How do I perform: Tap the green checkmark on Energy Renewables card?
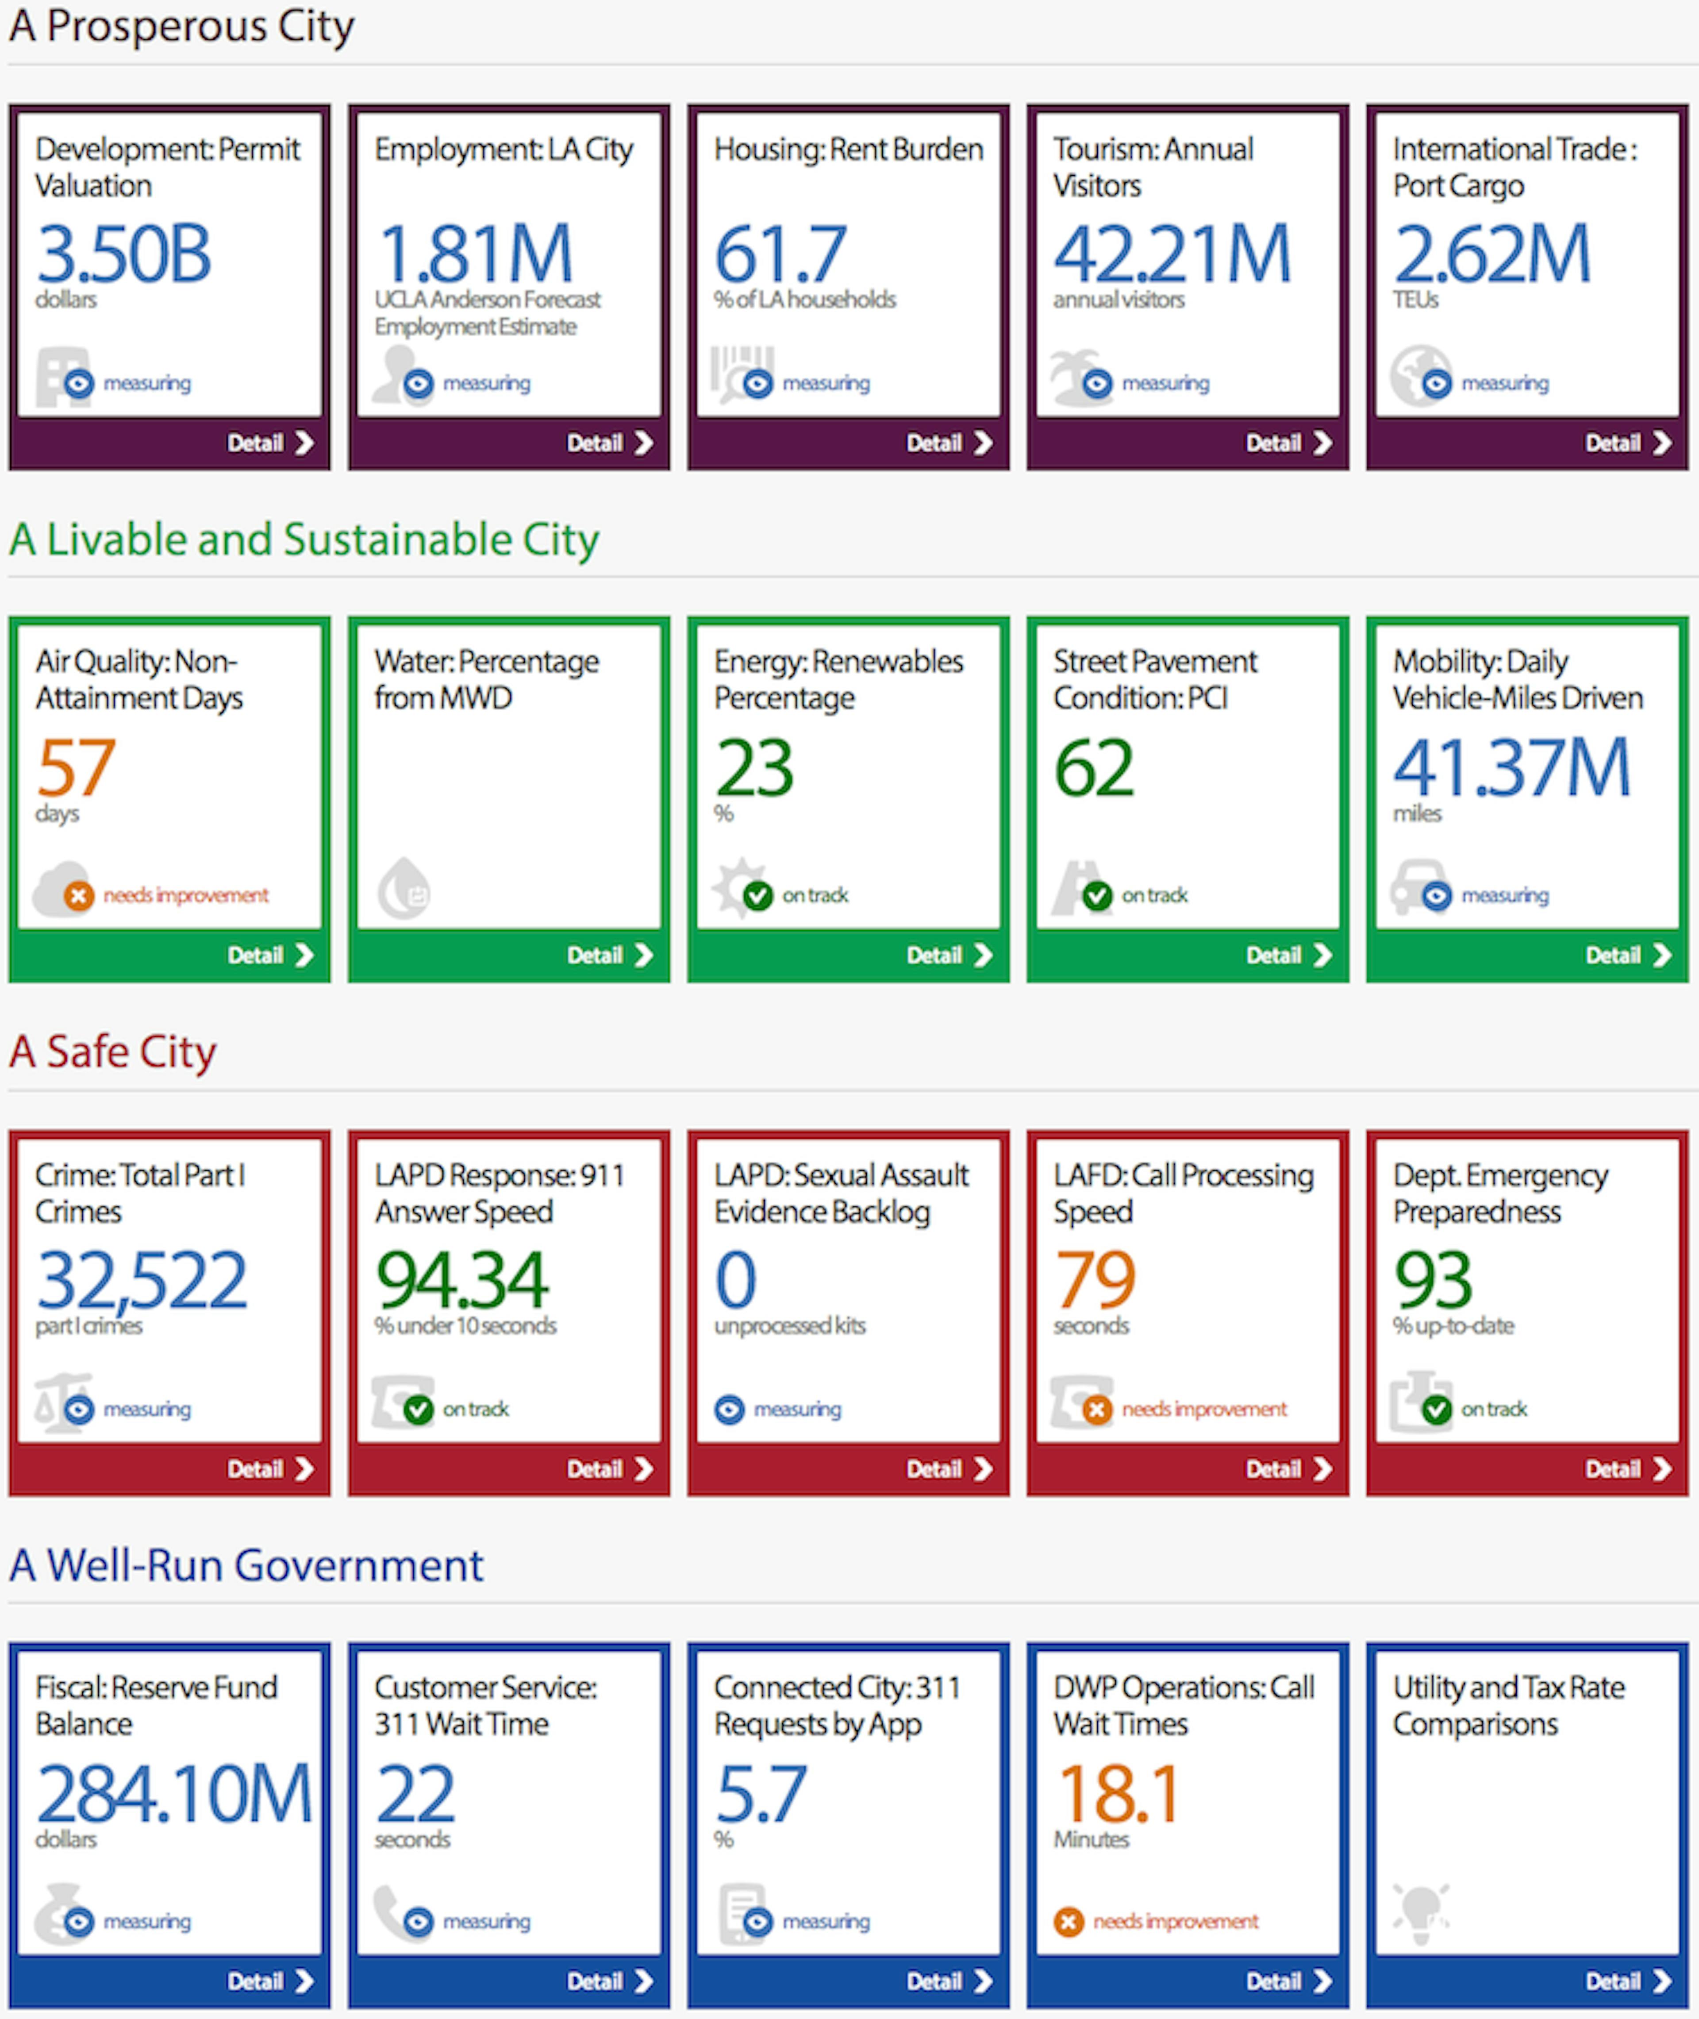tap(758, 896)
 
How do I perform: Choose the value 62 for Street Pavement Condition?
tap(1094, 768)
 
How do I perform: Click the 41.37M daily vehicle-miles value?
tap(1511, 768)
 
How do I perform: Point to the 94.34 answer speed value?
tap(462, 1280)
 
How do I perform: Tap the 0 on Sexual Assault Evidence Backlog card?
tap(736, 1280)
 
